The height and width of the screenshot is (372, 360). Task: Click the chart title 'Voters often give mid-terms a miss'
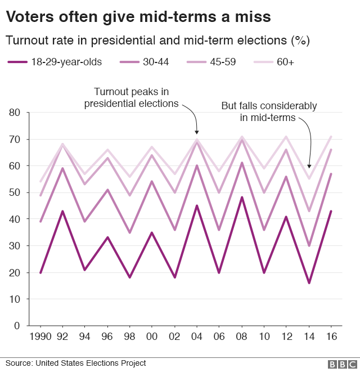click(x=138, y=17)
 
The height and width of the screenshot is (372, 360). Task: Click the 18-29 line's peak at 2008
click(x=241, y=198)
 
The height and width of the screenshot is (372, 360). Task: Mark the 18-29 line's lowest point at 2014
click(x=309, y=283)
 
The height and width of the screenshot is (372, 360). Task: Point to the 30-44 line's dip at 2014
click(x=309, y=245)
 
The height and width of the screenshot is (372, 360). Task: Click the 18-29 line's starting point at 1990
click(x=40, y=272)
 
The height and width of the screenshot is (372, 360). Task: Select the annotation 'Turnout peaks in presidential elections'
click(x=131, y=97)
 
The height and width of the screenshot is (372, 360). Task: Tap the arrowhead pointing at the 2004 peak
click(x=197, y=132)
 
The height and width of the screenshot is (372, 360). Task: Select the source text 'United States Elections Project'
click(x=91, y=363)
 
